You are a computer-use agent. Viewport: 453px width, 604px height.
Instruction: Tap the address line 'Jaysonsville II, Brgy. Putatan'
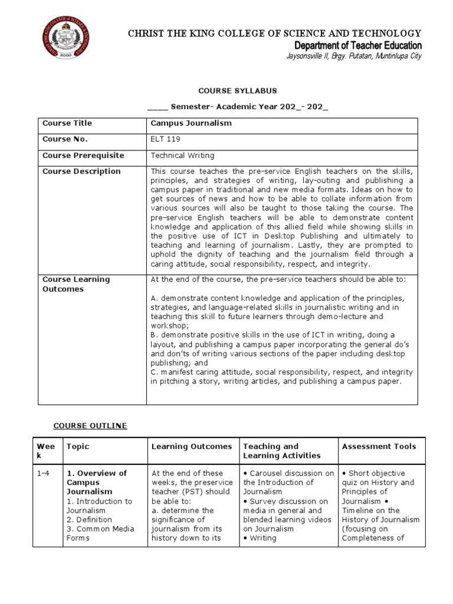pos(353,57)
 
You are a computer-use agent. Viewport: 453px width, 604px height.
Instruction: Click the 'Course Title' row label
pos(67,123)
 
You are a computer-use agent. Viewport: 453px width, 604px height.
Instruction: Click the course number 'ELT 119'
pos(166,139)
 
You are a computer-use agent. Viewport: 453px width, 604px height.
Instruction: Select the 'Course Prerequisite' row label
pos(83,155)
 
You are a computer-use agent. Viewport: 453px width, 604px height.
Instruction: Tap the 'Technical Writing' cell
pos(183,155)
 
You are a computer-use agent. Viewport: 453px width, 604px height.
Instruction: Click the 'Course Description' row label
pos(81,171)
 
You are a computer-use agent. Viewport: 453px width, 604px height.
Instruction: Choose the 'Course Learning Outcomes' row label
pos(76,284)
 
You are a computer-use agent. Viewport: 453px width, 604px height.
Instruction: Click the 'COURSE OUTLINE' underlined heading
pos(90,425)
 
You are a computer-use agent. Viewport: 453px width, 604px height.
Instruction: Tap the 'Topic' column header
pos(78,447)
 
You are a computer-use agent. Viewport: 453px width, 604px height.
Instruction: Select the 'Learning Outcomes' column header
pos(192,447)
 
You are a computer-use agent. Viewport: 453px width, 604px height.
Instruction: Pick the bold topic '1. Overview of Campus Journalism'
pos(96,482)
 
